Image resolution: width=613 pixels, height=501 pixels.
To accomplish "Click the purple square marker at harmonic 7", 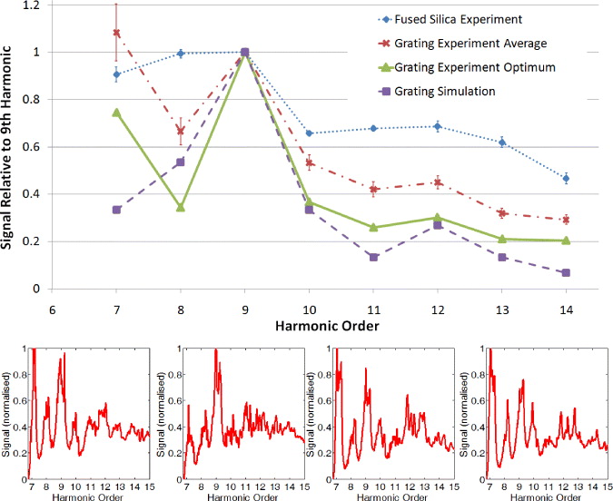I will pyautogui.click(x=116, y=210).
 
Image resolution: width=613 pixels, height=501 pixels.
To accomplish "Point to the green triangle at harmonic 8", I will pyautogui.click(x=181, y=207).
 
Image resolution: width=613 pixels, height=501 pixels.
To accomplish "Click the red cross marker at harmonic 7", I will pyautogui.click(x=116, y=33).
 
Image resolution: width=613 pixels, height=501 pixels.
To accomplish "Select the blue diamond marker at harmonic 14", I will pyautogui.click(x=566, y=178).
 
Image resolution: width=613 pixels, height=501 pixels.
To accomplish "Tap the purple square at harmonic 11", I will pyautogui.click(x=373, y=257).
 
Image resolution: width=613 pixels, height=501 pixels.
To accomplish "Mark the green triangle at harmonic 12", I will pyautogui.click(x=438, y=217).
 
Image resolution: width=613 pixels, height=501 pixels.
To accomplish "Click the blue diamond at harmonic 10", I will pyautogui.click(x=309, y=133).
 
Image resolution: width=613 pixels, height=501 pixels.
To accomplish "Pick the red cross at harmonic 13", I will pyautogui.click(x=502, y=213).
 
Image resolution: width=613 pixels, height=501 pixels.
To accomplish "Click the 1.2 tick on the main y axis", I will pyautogui.click(x=34, y=5).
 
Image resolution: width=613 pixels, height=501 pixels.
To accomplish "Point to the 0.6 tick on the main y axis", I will pyautogui.click(x=34, y=147).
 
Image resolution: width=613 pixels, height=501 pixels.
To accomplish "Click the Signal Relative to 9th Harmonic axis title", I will pyautogui.click(x=11, y=150).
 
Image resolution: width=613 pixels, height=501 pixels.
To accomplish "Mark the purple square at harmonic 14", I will pyautogui.click(x=566, y=272).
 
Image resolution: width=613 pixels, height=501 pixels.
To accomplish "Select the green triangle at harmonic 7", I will pyautogui.click(x=116, y=112).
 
